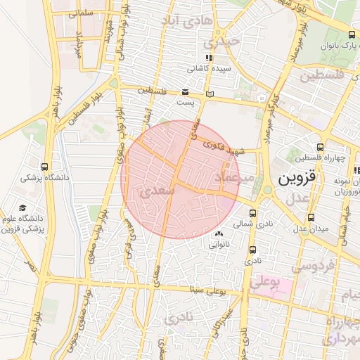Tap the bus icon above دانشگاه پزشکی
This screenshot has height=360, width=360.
45,167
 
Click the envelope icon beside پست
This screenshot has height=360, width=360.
185,92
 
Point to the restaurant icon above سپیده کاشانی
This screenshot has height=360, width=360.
208,58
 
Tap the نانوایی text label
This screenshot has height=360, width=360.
218,245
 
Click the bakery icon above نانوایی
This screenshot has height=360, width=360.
218,233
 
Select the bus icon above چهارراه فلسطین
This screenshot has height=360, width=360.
321,147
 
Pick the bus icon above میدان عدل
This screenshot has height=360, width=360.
311,217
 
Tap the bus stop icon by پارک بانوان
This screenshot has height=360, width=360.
352,34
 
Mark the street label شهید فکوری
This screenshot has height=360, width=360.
223,144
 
